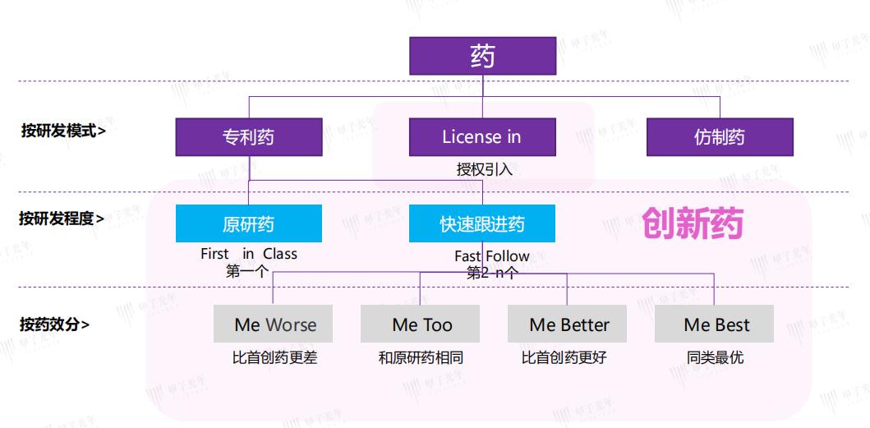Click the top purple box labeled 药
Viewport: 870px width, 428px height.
482,56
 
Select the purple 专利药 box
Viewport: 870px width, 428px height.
248,137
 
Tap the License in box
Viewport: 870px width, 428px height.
482,137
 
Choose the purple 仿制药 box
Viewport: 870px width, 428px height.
720,137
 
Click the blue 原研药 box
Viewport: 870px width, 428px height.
248,223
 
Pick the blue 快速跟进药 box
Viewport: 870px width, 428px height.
482,223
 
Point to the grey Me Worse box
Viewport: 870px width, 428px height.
274,324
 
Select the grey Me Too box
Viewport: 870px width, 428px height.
421,324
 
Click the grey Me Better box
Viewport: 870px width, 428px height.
568,324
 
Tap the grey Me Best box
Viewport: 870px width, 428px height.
715,324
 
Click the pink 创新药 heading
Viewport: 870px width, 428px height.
692,223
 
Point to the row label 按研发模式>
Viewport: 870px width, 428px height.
62,130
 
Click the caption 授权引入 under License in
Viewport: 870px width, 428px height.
484,170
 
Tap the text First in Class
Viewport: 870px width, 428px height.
248,254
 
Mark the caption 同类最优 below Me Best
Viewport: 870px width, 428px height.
715,358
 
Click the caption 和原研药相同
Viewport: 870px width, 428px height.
421,358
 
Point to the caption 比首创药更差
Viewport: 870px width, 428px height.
274,358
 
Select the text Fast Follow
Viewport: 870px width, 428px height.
491,256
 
